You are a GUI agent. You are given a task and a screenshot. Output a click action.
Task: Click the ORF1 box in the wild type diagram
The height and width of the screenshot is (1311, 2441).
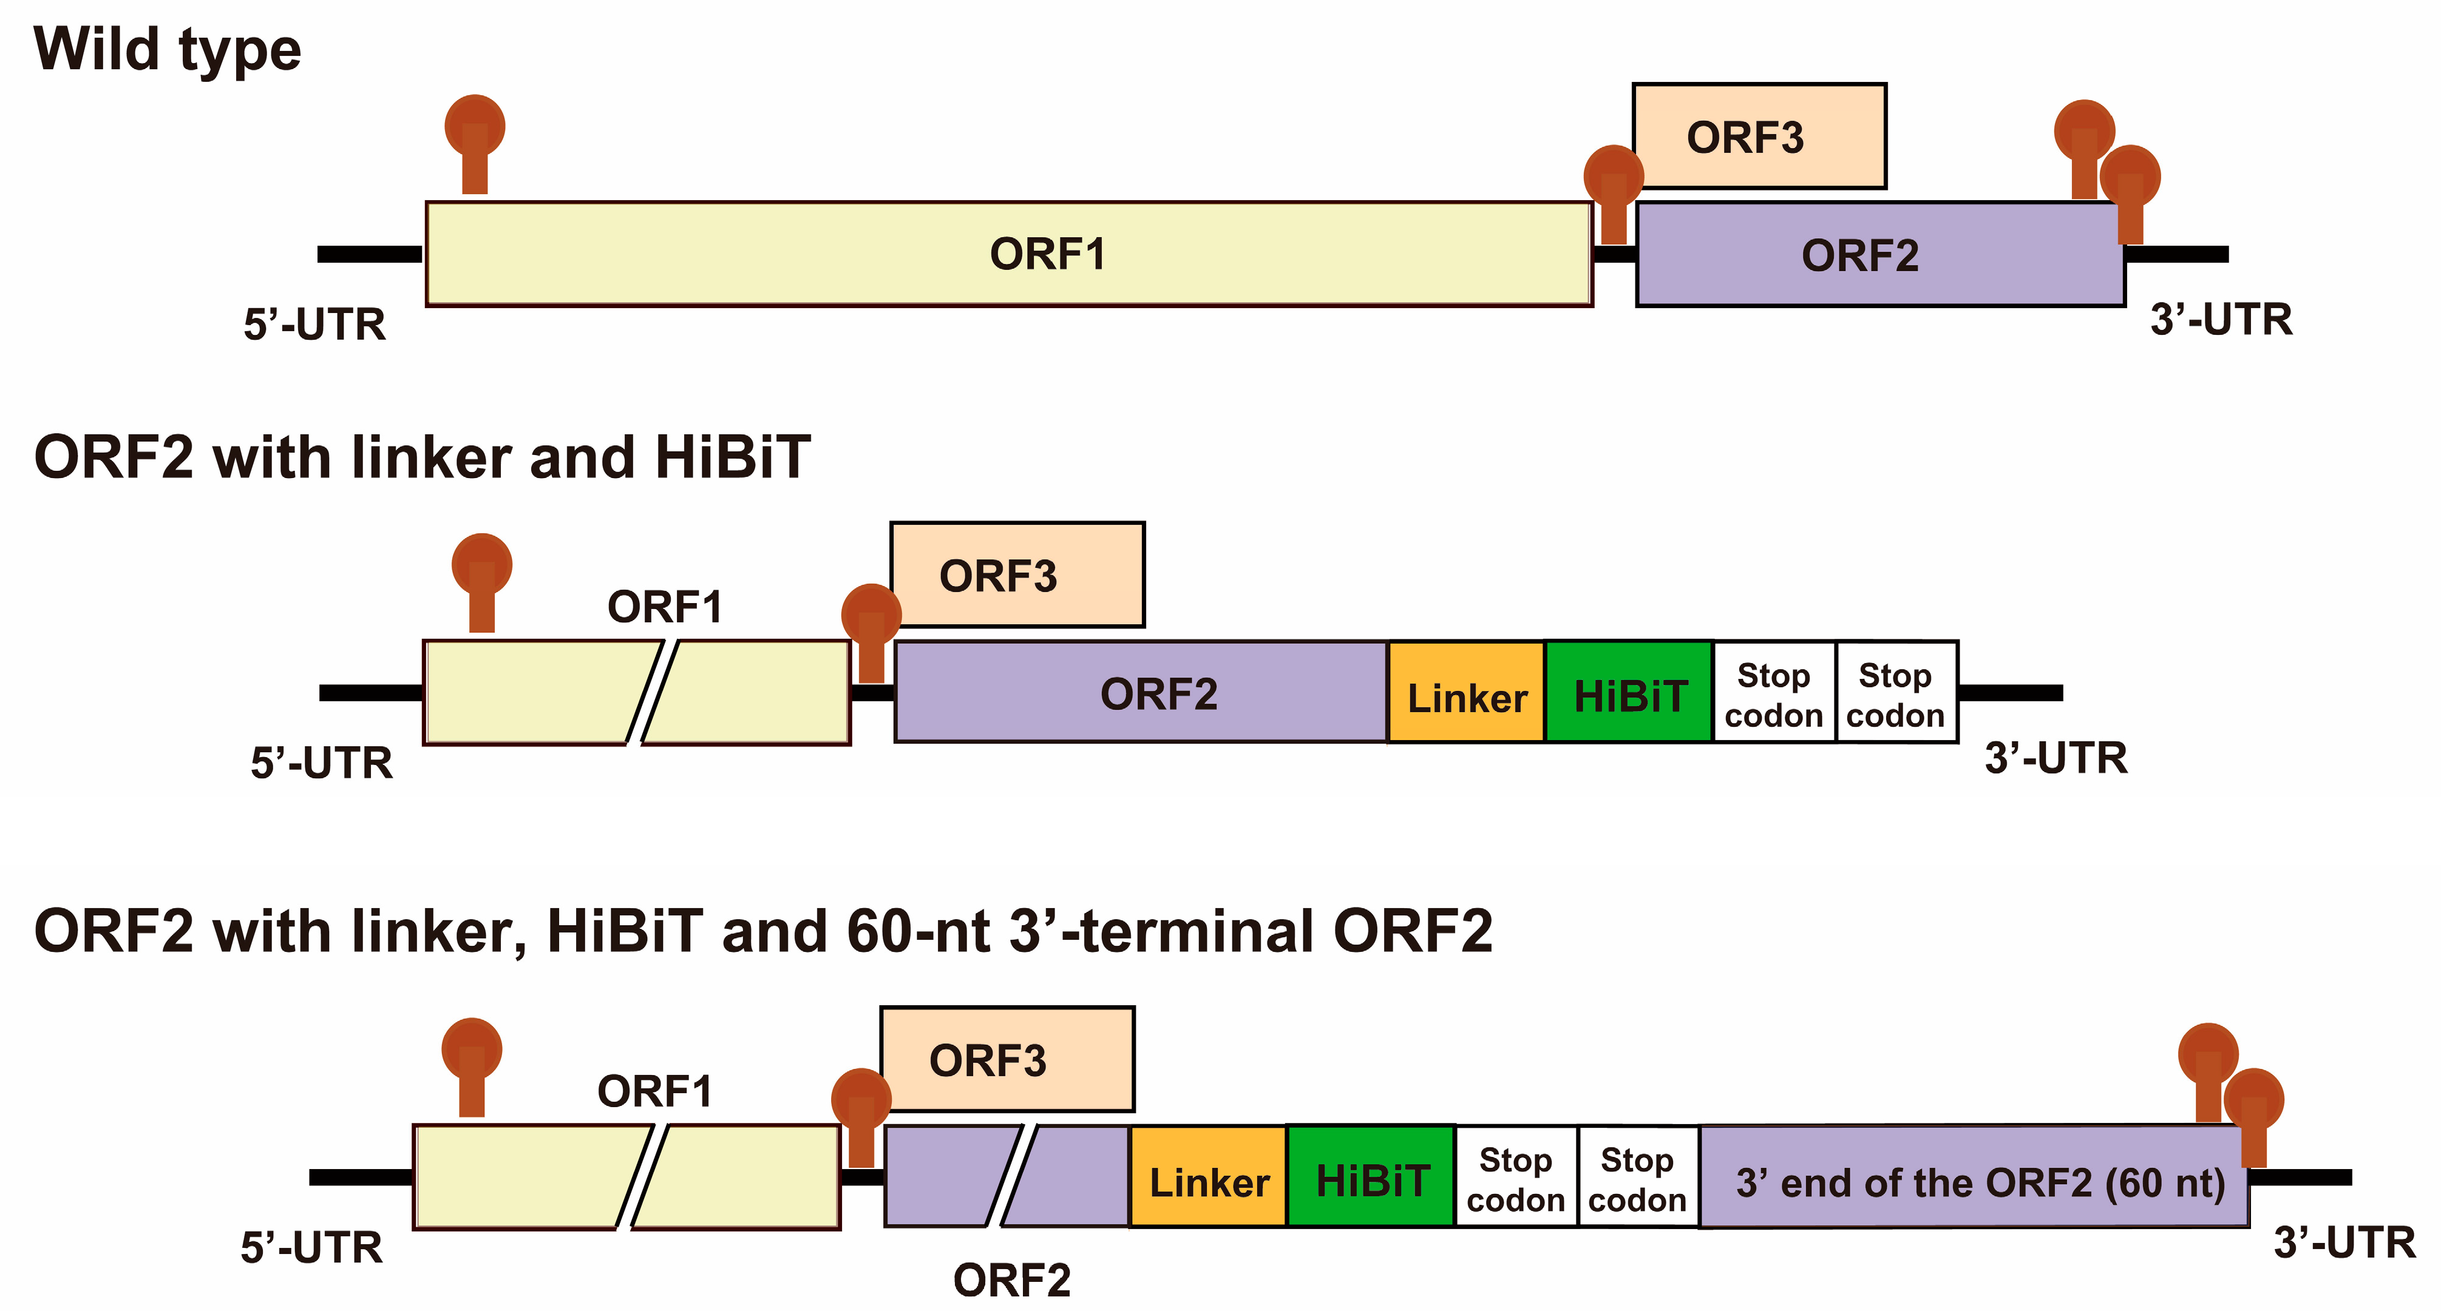(1008, 254)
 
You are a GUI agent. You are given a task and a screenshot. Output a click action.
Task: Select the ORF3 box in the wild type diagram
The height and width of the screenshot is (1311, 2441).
(1759, 136)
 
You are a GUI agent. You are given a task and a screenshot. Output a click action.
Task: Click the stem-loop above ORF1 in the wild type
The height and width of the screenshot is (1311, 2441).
(475, 142)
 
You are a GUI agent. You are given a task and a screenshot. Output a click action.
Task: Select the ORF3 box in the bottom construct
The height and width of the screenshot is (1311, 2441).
(1007, 1060)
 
